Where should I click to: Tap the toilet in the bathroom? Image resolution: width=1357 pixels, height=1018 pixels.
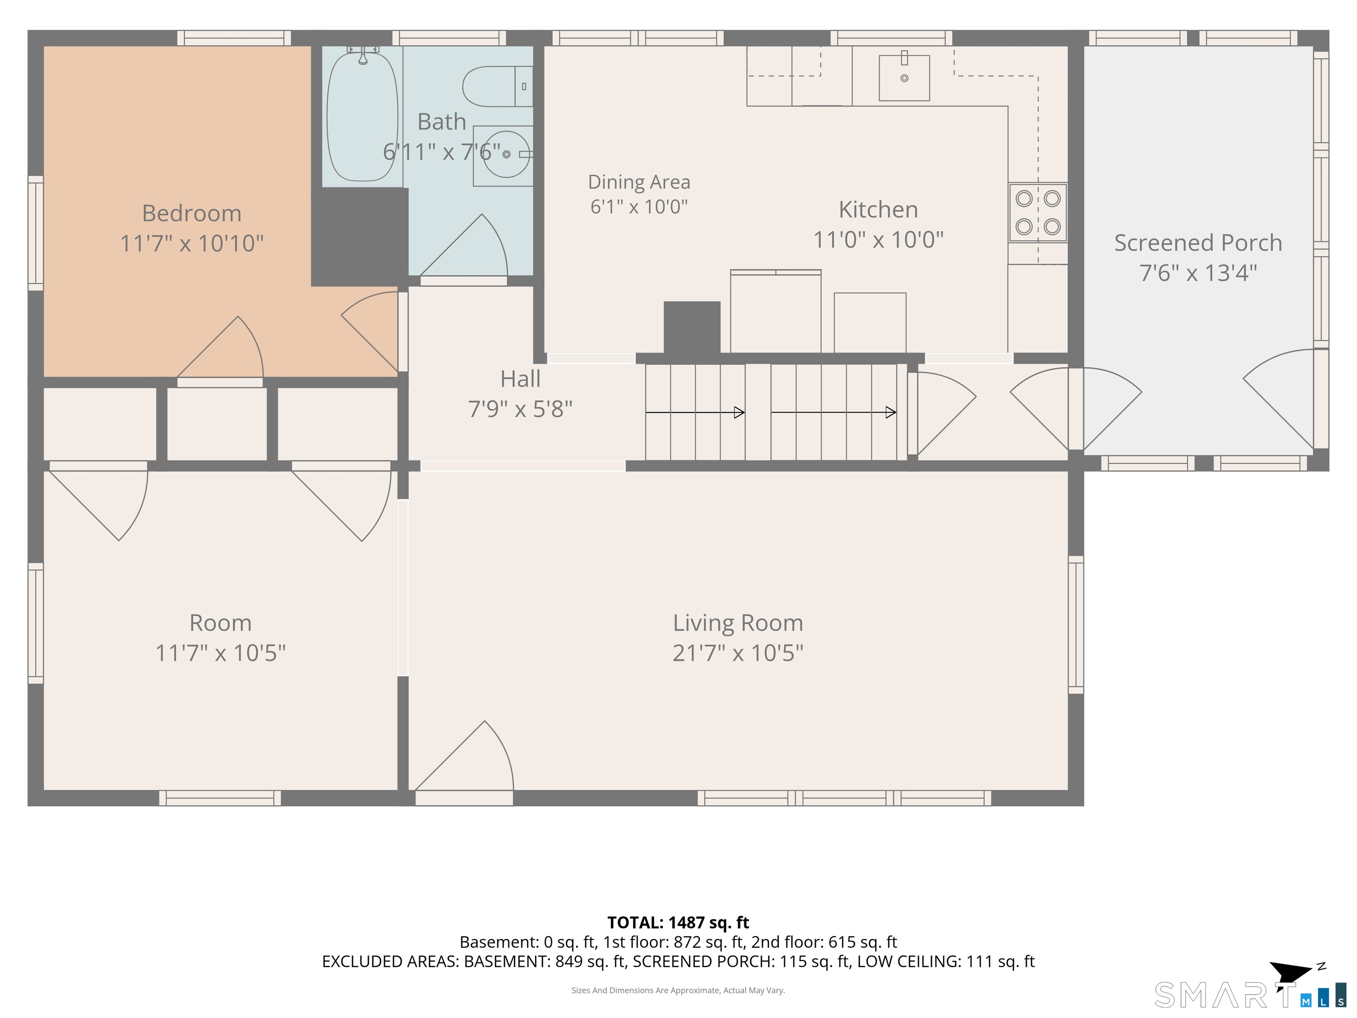[497, 87]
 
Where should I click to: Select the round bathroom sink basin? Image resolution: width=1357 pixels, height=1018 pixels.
[506, 154]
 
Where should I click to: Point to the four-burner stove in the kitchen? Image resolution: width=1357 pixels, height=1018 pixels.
[1038, 213]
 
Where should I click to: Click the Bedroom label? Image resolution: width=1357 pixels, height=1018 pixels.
[191, 213]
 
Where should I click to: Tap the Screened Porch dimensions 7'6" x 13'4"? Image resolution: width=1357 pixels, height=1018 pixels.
[1198, 273]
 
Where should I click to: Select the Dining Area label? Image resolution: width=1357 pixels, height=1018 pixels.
[639, 182]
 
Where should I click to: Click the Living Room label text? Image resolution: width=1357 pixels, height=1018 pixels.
[738, 623]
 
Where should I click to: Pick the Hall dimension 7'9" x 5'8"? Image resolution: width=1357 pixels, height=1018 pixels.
[520, 409]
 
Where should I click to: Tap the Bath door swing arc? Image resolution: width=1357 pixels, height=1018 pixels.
[464, 246]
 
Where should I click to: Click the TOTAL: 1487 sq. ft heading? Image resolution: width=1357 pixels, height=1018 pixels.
[678, 923]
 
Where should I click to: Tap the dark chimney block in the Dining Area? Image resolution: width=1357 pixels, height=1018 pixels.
[692, 328]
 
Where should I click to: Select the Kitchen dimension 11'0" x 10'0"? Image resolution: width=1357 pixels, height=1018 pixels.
[879, 240]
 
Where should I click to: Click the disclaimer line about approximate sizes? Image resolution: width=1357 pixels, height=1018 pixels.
[678, 991]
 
